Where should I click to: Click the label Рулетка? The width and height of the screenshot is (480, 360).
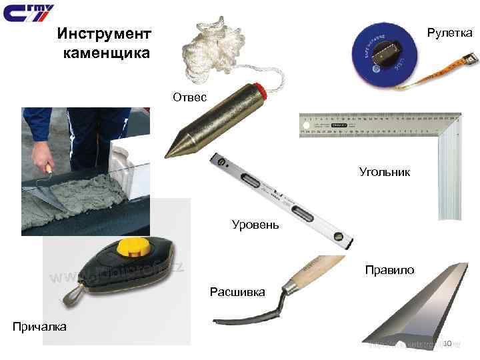coord(449,32)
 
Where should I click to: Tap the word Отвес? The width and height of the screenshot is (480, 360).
coord(190,97)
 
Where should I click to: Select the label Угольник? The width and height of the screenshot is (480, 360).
coord(385,172)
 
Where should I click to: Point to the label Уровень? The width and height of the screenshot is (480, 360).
coord(255,224)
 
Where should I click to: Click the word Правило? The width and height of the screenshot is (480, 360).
coord(389,270)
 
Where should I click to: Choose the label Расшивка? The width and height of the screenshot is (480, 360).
coord(237,292)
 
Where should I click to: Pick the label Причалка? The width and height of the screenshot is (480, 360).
coord(39,326)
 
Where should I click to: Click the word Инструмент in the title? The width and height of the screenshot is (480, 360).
coord(104,33)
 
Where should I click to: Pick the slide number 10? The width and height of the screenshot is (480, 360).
coord(447,343)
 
